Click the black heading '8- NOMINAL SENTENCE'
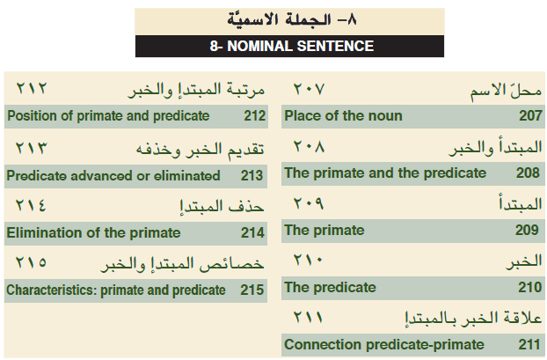[x=292, y=46]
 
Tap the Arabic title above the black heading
[x=292, y=19]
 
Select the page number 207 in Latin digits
[x=530, y=115]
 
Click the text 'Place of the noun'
[x=343, y=115]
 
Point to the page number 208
[x=528, y=173]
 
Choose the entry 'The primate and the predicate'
[x=385, y=173]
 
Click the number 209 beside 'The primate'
[x=527, y=230]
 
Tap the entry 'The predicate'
[x=330, y=287]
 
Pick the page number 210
[x=530, y=287]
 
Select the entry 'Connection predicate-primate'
[x=384, y=345]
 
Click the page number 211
[x=529, y=345]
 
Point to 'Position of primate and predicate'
[x=108, y=116]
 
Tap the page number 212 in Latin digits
[x=255, y=116]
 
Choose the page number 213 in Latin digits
[x=252, y=176]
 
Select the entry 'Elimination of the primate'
[x=93, y=233]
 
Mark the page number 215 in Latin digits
[x=252, y=290]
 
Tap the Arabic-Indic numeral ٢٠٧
[x=309, y=89]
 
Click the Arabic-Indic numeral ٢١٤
[x=31, y=205]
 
